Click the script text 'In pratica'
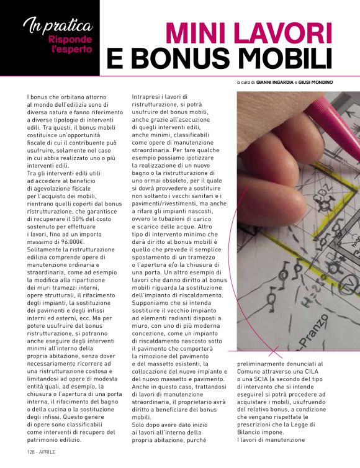coord(58,27)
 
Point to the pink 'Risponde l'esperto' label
coord(71,44)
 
